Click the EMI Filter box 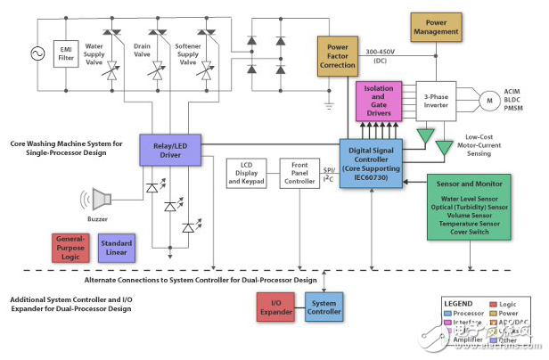67,53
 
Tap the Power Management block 434,25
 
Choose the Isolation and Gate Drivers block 382,102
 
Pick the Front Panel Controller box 299,176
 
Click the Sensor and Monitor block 469,206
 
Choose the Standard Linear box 116,247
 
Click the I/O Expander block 274,307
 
